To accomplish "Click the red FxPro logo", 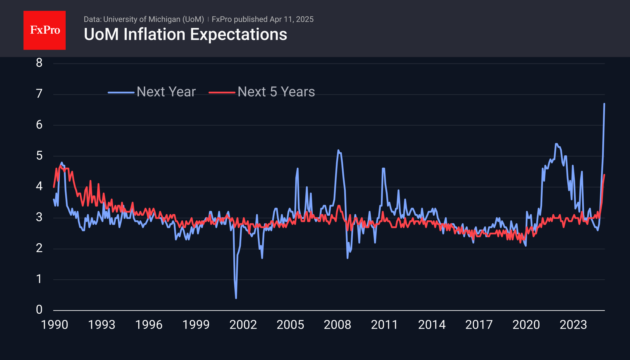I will pos(45,30).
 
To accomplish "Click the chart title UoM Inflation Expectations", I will pos(185,34).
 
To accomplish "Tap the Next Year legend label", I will pos(166,92).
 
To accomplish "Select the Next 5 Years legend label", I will pos(276,92).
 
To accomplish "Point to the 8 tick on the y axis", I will pos(39,63).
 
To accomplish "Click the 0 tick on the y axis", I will pos(39,309).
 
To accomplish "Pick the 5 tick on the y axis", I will pos(39,156).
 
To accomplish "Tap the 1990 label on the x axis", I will pos(55,325).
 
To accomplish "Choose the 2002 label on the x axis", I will pos(243,325).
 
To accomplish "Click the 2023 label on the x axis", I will pos(573,325).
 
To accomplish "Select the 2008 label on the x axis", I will pos(337,325).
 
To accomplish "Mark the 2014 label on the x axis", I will pos(432,325).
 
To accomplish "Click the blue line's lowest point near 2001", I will pos(236,298).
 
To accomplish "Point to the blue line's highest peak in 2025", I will pos(604,104).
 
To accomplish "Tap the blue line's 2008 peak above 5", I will pos(338,150).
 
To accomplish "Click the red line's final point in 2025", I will pos(604,175).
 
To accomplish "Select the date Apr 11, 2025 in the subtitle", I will pos(292,19).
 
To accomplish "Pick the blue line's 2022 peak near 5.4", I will pos(556,144).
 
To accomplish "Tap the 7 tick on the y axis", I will pos(39,94).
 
